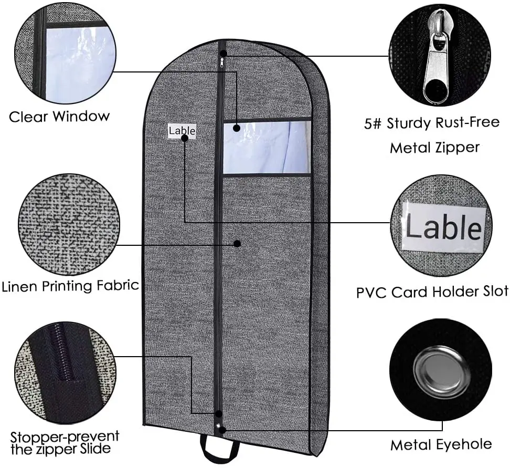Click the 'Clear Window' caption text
59,116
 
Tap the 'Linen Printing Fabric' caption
70,286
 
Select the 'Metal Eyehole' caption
441,445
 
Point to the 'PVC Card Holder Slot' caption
432,292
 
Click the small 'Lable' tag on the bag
182,131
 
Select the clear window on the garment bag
267,147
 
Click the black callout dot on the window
237,128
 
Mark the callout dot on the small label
185,138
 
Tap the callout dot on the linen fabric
237,244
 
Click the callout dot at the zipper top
224,53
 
